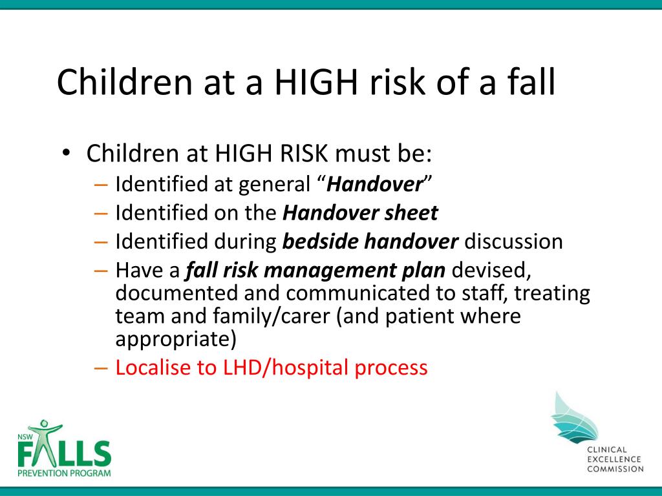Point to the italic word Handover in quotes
[374, 184]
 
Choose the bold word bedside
[320, 242]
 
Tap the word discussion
[513, 242]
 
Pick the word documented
[176, 293]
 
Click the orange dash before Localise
[101, 367]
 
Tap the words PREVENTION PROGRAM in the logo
[64, 473]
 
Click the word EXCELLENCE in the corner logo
[614, 459]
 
